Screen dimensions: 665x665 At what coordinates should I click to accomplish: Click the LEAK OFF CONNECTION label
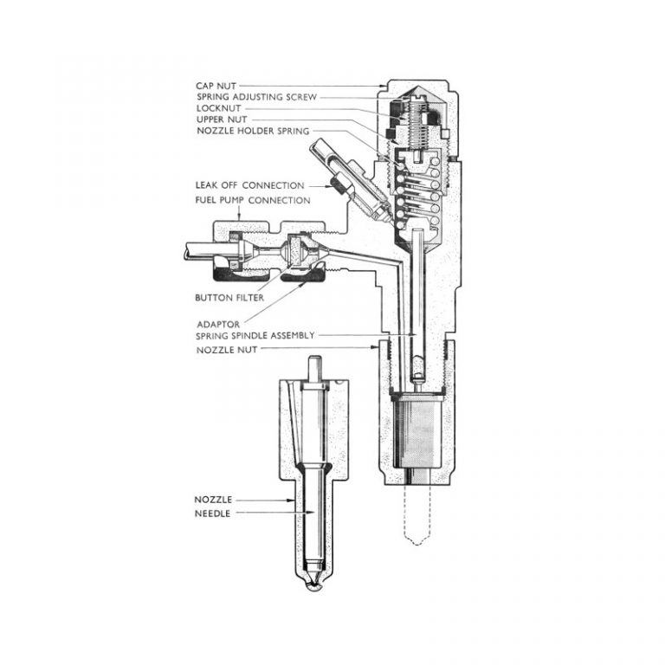pyautogui.click(x=249, y=185)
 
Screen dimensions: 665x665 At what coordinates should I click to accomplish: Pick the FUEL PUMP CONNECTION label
pyautogui.click(x=252, y=200)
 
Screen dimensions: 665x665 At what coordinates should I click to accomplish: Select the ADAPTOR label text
pyautogui.click(x=216, y=323)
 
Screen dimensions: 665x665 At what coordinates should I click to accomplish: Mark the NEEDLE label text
pyautogui.click(x=213, y=513)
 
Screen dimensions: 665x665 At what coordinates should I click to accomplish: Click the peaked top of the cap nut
pyautogui.click(x=418, y=87)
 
